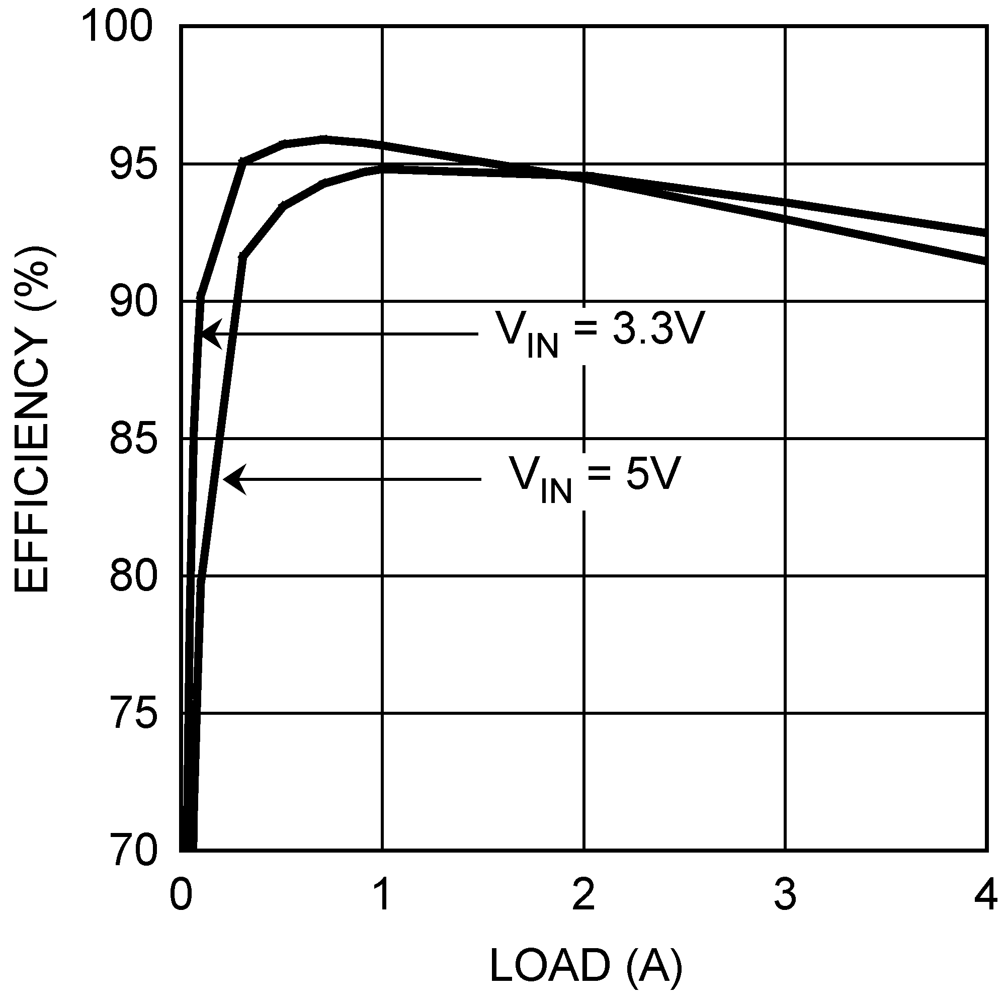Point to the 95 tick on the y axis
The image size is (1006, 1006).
(133, 165)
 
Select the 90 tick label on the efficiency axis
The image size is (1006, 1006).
(133, 302)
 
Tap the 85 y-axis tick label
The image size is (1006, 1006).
(133, 440)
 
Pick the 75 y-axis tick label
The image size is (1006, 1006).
(133, 714)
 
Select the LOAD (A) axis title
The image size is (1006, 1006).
(586, 965)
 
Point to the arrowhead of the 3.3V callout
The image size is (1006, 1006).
(204, 333)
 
